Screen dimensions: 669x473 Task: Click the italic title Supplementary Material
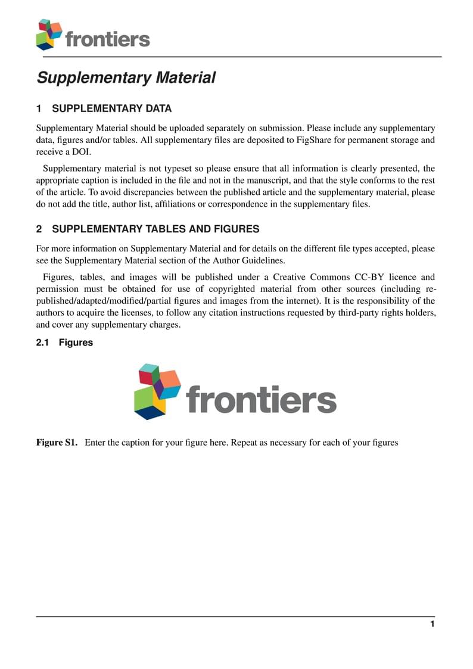pos(126,78)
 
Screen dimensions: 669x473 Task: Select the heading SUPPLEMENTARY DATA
pos(111,108)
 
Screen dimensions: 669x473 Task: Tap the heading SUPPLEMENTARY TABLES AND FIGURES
pos(155,229)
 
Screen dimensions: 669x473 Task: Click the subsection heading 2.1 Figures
pos(64,343)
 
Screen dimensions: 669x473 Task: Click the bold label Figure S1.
pos(57,443)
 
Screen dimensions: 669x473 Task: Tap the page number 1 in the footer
pos(432,624)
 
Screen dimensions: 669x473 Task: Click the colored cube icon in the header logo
pos(49,34)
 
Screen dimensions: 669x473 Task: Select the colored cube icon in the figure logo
pos(157,391)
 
